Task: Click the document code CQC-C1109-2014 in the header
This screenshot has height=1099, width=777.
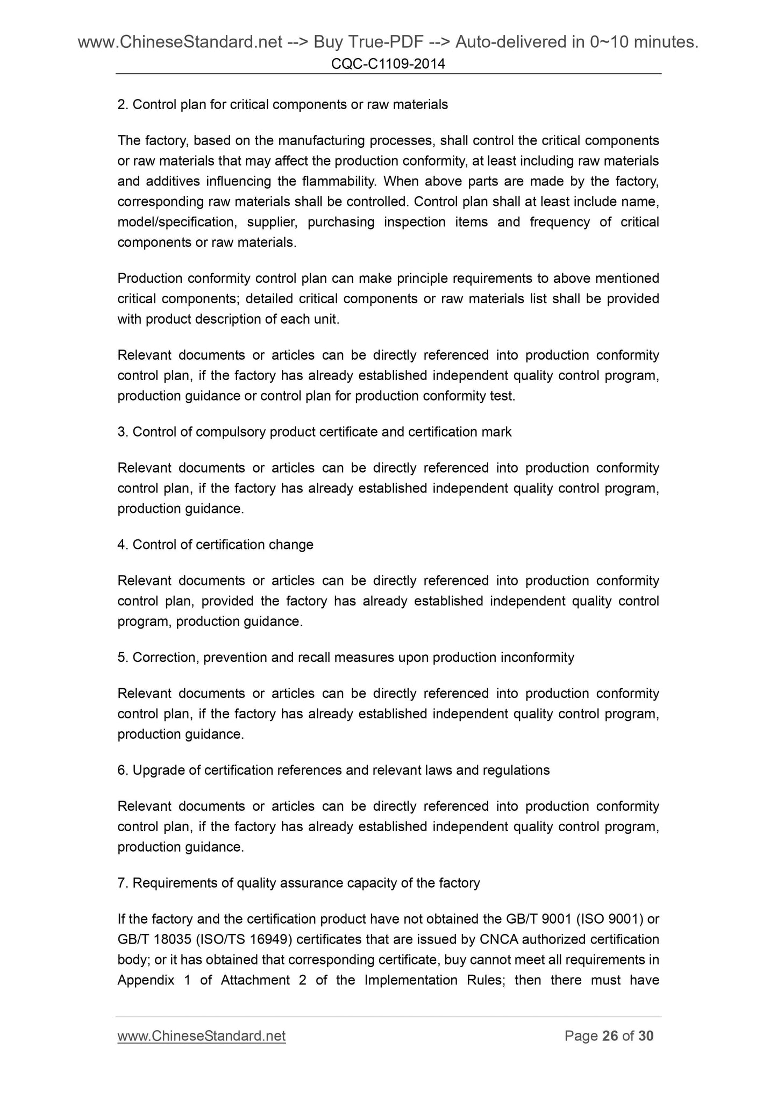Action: click(x=388, y=65)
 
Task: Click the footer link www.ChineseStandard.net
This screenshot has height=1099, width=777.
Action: click(x=201, y=1036)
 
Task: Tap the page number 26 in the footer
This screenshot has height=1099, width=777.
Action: click(x=610, y=1036)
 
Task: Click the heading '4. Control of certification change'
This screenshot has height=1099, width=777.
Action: click(x=215, y=545)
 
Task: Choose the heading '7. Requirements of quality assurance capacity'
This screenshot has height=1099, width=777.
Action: click(x=298, y=883)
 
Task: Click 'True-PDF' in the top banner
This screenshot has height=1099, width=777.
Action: click(x=362, y=41)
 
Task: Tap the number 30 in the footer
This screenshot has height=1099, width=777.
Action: click(x=646, y=1036)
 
